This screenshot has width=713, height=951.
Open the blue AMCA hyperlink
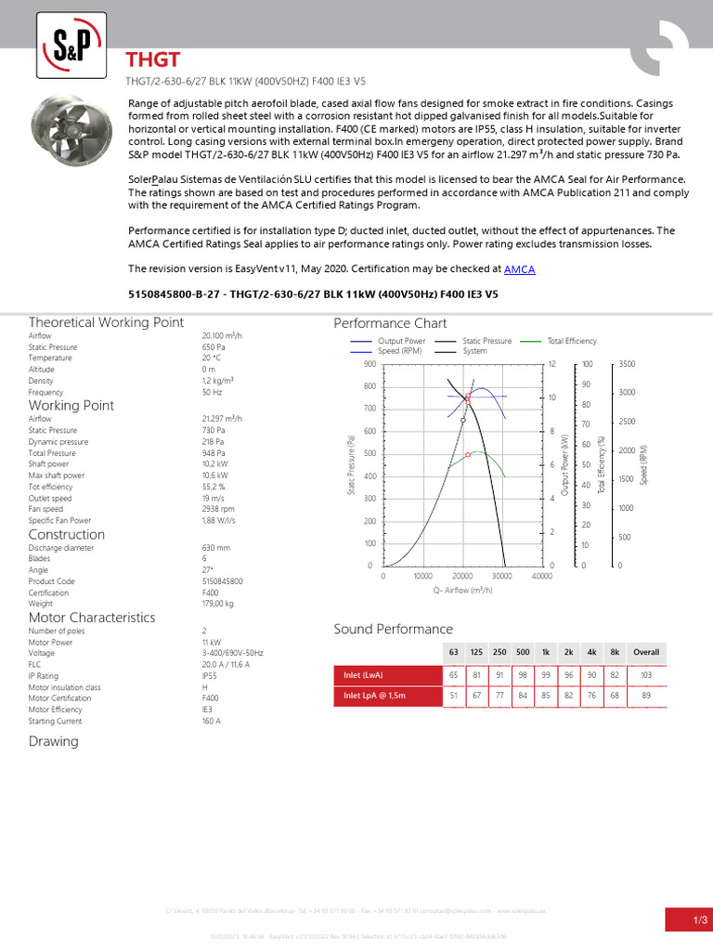click(519, 269)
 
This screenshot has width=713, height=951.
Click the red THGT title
click(154, 60)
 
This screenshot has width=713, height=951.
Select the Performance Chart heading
click(390, 323)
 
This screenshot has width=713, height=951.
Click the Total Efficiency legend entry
click(572, 342)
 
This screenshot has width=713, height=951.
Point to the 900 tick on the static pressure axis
click(369, 364)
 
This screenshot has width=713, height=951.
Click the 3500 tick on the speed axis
click(628, 364)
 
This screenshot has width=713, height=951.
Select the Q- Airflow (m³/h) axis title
click(461, 591)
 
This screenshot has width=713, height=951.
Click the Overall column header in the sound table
click(645, 652)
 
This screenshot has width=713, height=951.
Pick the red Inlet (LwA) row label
click(363, 674)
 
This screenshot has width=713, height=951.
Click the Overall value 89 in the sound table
click(645, 696)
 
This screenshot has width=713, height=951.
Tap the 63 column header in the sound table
click(453, 652)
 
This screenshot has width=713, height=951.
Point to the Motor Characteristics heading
click(92, 618)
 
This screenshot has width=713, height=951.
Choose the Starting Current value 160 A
click(211, 720)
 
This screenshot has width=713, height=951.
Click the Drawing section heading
click(54, 741)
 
